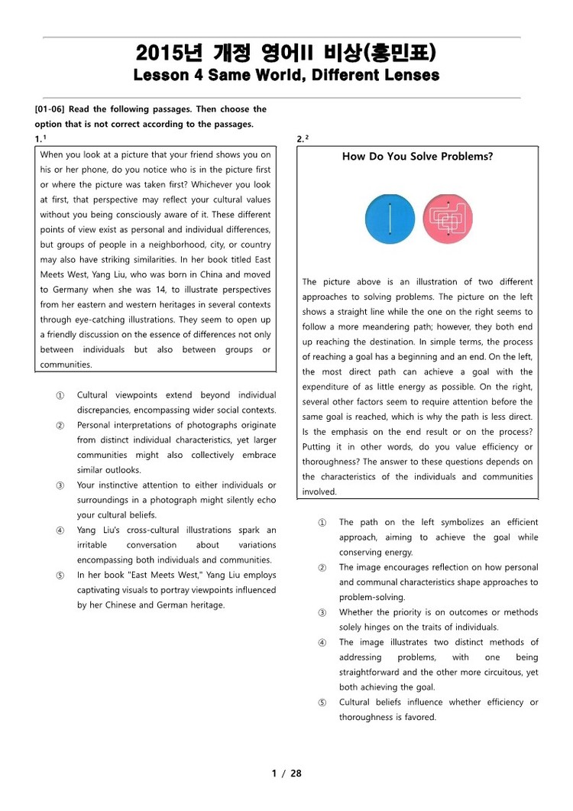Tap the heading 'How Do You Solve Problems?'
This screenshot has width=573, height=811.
click(417, 157)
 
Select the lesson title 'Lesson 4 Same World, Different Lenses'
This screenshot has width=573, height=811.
click(286, 76)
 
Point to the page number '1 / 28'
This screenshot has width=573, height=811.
click(286, 773)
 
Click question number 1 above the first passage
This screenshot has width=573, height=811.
click(38, 138)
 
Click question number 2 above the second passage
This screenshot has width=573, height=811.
click(300, 138)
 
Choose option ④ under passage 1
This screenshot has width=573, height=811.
click(60, 530)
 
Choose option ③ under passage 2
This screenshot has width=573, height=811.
click(322, 612)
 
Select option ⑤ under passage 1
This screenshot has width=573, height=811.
click(60, 575)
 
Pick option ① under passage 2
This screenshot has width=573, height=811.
click(322, 522)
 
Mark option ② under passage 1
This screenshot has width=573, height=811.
click(60, 425)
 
